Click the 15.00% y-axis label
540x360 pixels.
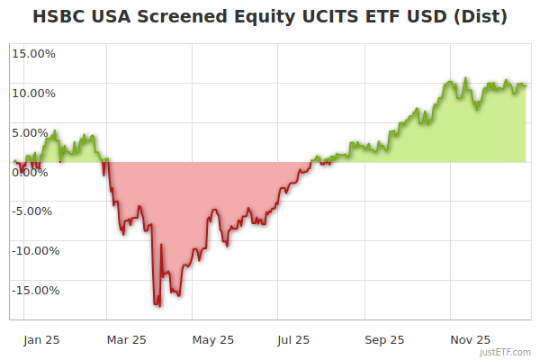[x=33, y=53]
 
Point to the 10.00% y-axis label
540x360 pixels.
[x=33, y=93]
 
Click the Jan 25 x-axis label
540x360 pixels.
[x=42, y=340]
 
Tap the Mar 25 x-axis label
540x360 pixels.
[x=126, y=340]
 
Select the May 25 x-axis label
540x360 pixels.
[x=213, y=340]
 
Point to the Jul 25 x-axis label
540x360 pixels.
[x=293, y=340]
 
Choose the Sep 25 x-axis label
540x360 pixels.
[x=384, y=340]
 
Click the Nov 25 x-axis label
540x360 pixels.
[x=471, y=340]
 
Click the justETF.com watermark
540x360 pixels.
[x=506, y=353]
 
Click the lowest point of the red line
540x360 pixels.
[x=159, y=306]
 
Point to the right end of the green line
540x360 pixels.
[x=526, y=85]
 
